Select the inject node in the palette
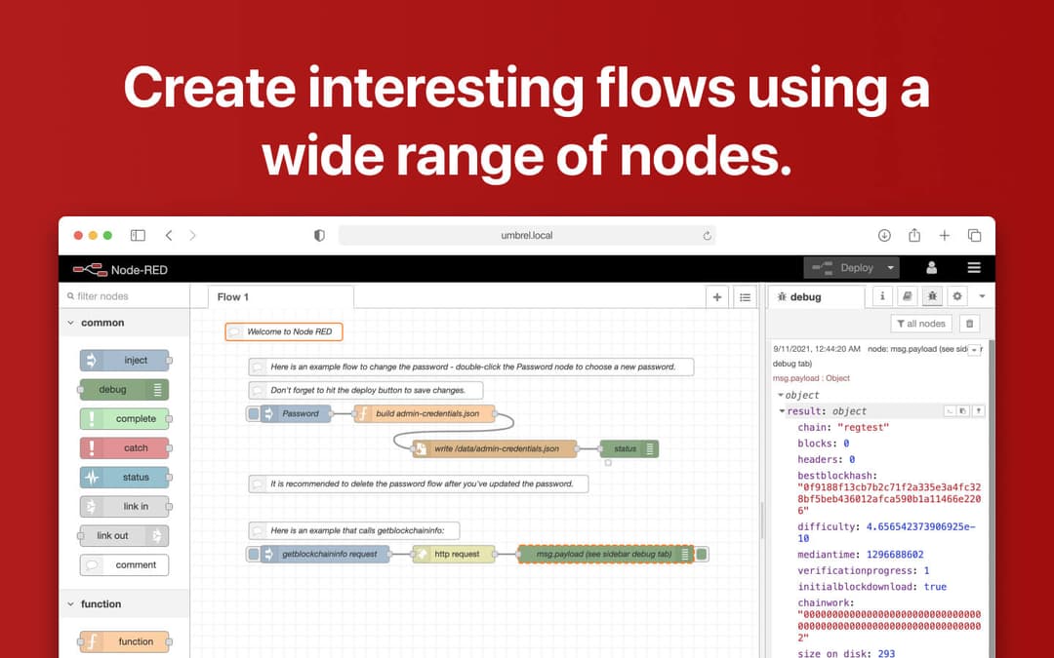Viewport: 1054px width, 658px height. coord(125,361)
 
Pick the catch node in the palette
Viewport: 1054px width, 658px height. coord(125,448)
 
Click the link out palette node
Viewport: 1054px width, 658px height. coord(123,536)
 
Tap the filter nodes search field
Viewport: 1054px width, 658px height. coord(125,296)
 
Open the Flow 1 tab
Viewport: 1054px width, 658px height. coord(233,297)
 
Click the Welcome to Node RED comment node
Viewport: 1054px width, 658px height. coord(284,332)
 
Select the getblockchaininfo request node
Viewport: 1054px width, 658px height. coord(327,555)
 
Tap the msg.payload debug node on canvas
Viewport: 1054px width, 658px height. coord(604,555)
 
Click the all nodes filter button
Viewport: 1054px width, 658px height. coord(920,324)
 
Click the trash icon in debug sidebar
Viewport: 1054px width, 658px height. coord(969,324)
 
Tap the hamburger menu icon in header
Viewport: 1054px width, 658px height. coord(974,268)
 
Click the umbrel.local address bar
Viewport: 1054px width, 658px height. coord(527,236)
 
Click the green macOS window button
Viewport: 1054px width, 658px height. coord(107,236)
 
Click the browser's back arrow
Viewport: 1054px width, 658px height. coord(169,236)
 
